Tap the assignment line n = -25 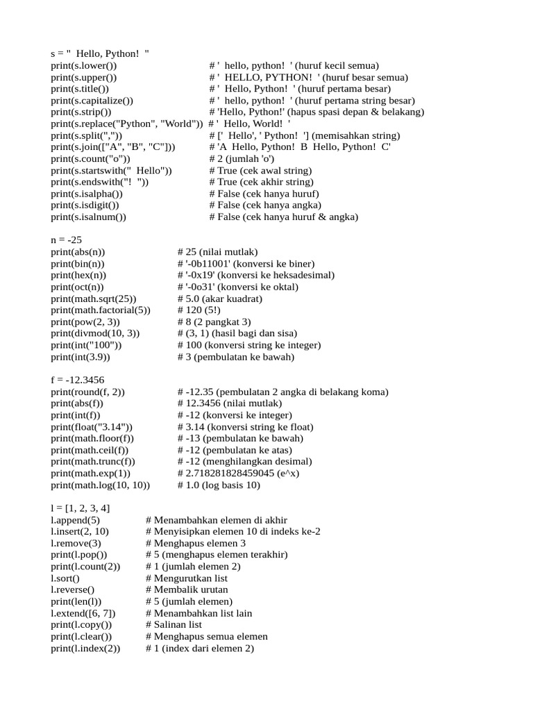[67, 240]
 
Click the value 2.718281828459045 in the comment [242, 474]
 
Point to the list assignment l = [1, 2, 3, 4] [80, 508]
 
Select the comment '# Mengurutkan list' [187, 578]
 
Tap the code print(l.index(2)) [85, 649]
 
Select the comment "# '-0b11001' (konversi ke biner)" [246, 264]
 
